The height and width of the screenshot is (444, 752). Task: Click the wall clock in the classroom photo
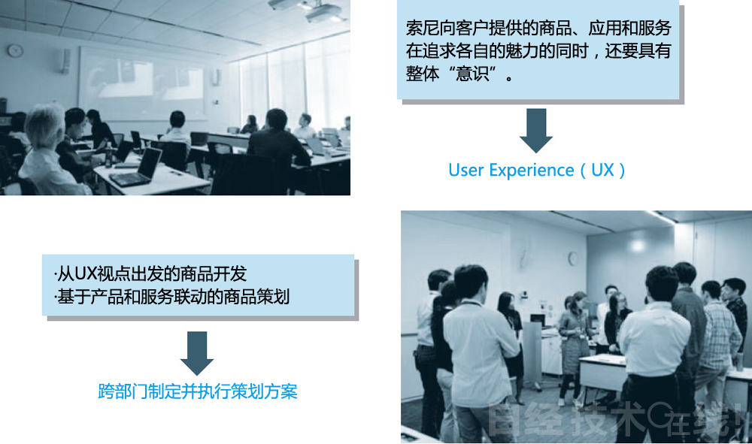(x=15, y=50)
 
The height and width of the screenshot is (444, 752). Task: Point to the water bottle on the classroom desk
(x=108, y=153)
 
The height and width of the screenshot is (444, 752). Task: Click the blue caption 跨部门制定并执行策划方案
(x=198, y=391)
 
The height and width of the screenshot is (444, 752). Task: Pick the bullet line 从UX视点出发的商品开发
(x=150, y=274)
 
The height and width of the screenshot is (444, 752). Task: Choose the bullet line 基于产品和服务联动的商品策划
(x=172, y=297)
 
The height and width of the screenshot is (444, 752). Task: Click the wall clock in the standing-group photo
(x=572, y=258)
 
